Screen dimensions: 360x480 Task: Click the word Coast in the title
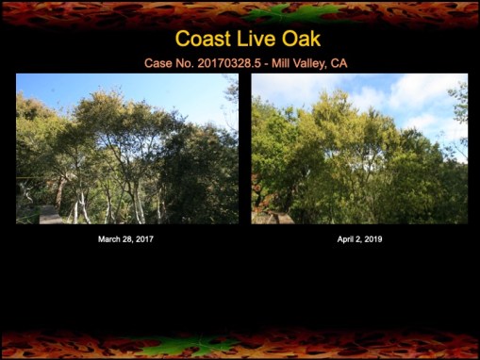201,39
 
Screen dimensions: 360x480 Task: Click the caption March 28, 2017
125,239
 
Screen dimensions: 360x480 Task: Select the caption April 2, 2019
359,239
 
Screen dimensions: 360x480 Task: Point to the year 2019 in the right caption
372,239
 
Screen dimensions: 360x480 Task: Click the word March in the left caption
109,239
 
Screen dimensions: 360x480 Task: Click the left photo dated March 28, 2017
126,148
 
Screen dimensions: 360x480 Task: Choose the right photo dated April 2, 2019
358,148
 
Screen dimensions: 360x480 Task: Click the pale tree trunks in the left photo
139,203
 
